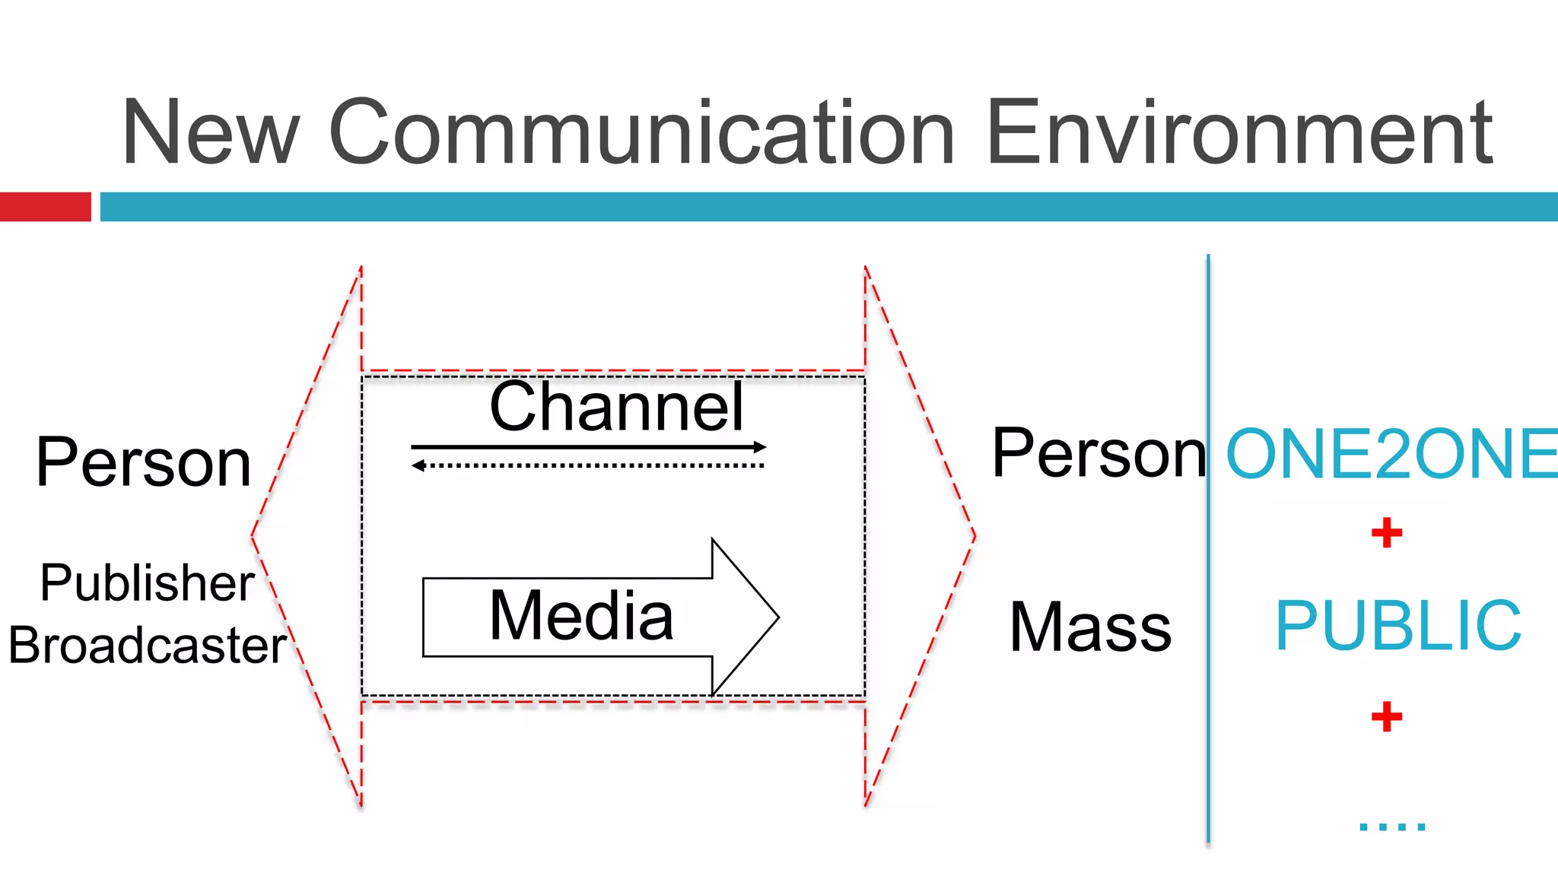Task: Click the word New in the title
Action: (x=211, y=132)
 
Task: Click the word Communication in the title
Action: (x=641, y=132)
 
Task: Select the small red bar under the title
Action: (x=45, y=207)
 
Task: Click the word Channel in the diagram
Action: (x=616, y=408)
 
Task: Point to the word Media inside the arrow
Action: (x=581, y=616)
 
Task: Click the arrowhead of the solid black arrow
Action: (x=760, y=447)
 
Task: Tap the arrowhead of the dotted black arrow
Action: (x=418, y=465)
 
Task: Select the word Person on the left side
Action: (x=144, y=462)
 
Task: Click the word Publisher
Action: (x=147, y=583)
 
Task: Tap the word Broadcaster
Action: (x=147, y=646)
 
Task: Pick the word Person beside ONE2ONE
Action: (x=1098, y=453)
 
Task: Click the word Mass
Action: (x=1090, y=627)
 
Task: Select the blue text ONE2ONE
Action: (x=1391, y=455)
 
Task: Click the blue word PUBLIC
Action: (x=1398, y=626)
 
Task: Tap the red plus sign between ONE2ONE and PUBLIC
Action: (x=1386, y=532)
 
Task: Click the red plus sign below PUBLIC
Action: (x=1386, y=716)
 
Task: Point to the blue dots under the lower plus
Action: (x=1391, y=827)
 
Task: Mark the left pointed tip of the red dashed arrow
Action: (x=253, y=536)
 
